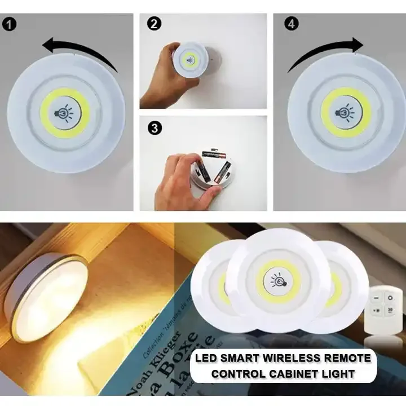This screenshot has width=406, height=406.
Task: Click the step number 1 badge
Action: [10, 24]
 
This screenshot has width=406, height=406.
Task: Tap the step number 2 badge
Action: [153, 24]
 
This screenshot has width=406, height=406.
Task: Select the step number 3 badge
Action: [153, 128]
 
